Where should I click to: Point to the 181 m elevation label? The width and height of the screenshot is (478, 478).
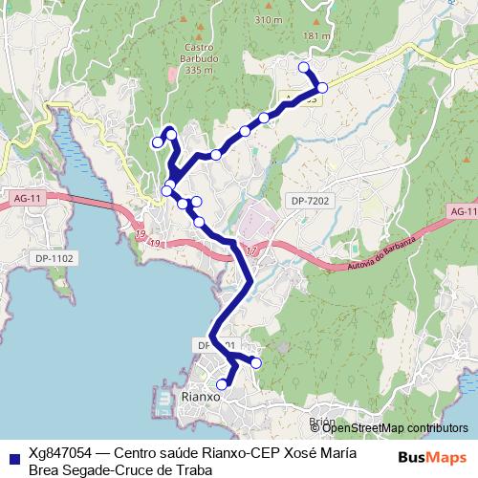click(x=315, y=36)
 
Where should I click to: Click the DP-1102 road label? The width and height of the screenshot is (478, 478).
click(x=54, y=258)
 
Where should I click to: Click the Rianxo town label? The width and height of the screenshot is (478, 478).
click(x=200, y=396)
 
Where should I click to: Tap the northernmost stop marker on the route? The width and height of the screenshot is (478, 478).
click(x=304, y=67)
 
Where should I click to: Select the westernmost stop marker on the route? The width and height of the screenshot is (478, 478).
click(x=158, y=143)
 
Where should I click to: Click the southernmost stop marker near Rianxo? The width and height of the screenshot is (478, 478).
click(x=223, y=384)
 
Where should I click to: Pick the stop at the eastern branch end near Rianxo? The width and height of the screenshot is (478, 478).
click(x=256, y=361)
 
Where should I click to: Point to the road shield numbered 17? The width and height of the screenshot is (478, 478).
click(x=251, y=251)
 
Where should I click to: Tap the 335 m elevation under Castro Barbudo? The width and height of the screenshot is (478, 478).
click(x=199, y=70)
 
